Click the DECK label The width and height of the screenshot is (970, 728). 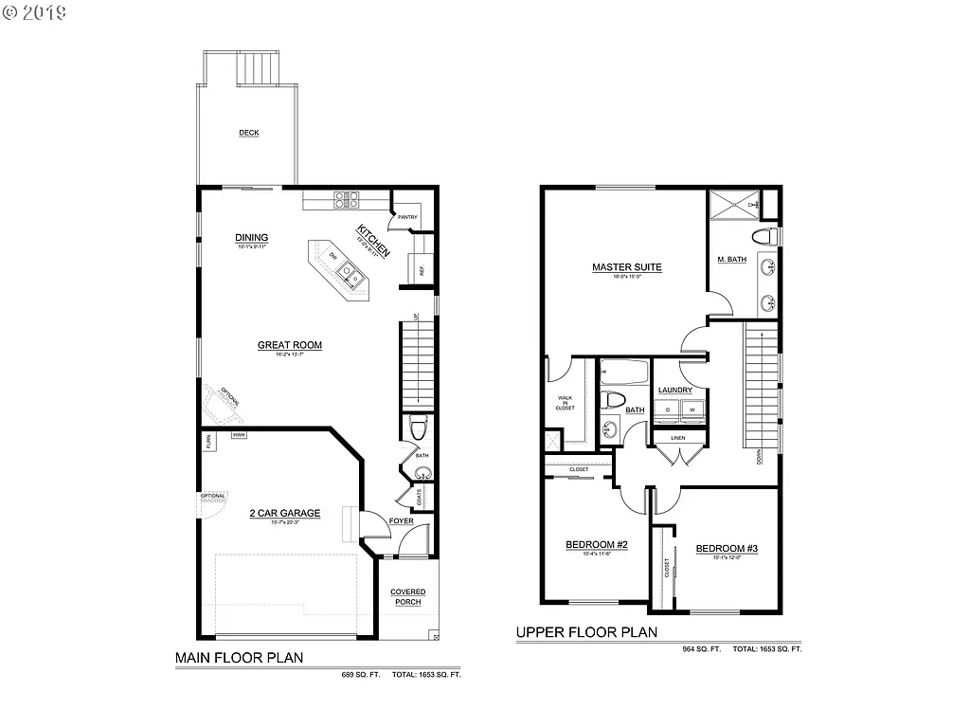click(249, 133)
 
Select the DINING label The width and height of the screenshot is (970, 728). click(252, 238)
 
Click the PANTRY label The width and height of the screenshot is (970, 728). click(407, 217)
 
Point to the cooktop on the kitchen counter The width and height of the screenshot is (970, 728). click(346, 200)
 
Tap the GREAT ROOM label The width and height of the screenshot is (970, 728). click(290, 346)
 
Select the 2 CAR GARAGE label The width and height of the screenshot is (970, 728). click(284, 514)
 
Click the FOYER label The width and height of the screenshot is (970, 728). click(401, 520)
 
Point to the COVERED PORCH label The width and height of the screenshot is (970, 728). click(408, 596)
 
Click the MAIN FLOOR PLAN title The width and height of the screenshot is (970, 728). click(239, 657)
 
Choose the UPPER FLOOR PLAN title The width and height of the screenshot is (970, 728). click(586, 632)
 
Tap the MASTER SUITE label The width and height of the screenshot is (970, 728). click(626, 267)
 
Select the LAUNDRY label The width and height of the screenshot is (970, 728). click(675, 390)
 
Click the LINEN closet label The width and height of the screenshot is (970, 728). click(677, 438)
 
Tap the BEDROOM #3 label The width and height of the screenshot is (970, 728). click(727, 549)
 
